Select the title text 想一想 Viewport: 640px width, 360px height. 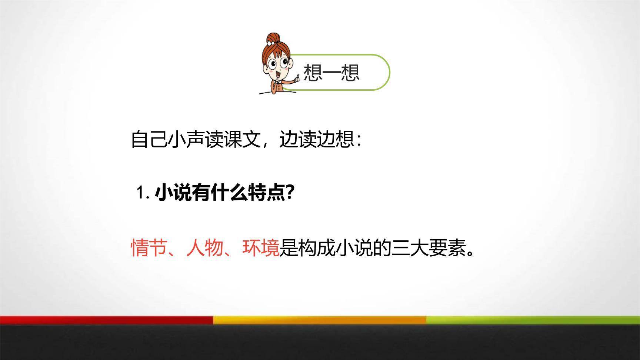click(331, 72)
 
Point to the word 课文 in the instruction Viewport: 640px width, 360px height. click(242, 140)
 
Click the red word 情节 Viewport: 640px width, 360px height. click(149, 248)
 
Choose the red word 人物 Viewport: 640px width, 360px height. click(204, 248)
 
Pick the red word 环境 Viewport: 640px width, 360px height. click(260, 248)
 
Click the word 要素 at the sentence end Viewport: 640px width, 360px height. click(446, 248)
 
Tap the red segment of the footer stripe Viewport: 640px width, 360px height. click(107, 320)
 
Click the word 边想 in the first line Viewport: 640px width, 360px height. click(335, 140)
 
